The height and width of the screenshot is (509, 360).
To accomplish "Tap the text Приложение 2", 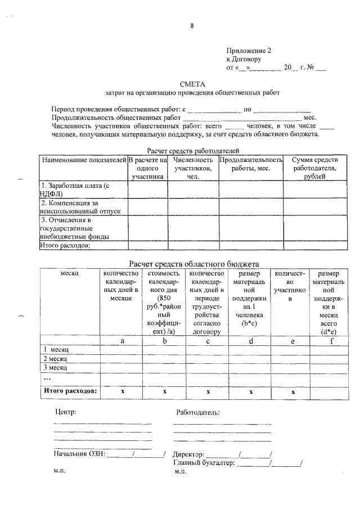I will (x=245, y=50).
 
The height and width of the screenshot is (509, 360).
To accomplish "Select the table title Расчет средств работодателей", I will (x=193, y=151).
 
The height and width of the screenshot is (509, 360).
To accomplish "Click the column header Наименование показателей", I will (x=83, y=160).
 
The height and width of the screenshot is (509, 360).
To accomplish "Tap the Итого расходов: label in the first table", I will (x=66, y=244).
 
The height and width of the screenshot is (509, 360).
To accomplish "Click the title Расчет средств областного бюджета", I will (x=193, y=263).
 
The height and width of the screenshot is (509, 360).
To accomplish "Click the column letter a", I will (x=122, y=341).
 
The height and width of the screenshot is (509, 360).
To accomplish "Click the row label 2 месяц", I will (x=55, y=358).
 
